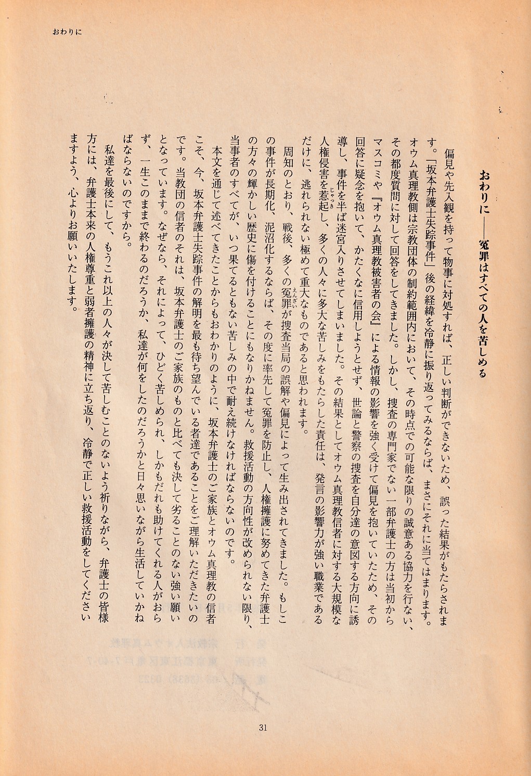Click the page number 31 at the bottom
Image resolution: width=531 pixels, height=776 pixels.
click(262, 727)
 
